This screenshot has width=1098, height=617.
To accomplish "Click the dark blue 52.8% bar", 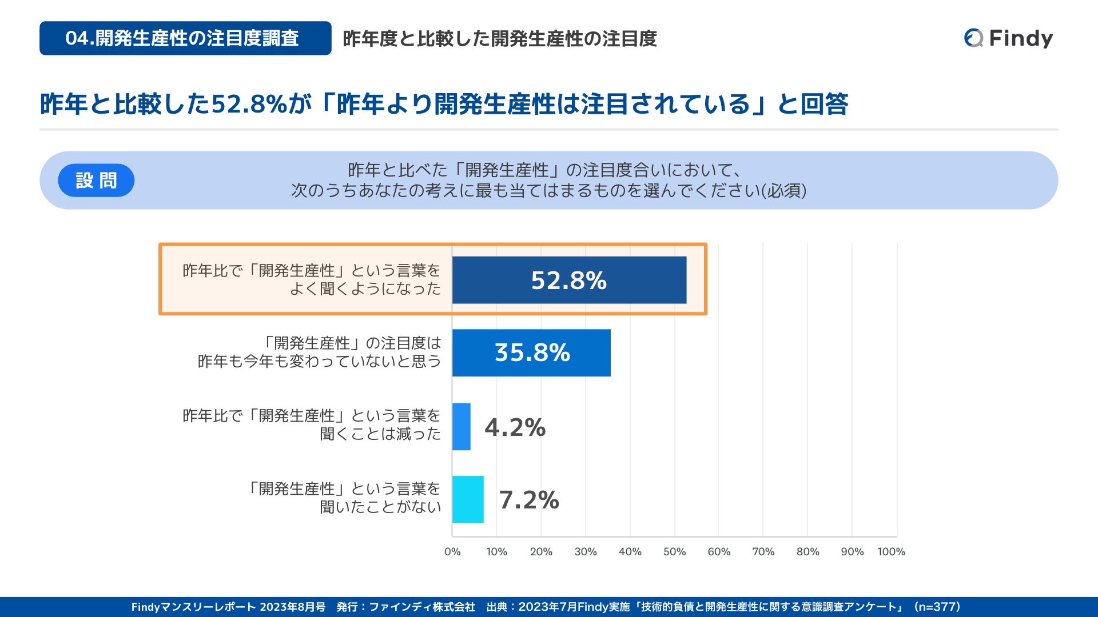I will click(569, 280).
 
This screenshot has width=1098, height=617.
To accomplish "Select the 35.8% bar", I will click(531, 352).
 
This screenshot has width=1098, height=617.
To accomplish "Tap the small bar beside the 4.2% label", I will click(461, 427).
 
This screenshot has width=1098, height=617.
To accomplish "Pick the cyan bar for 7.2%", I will click(468, 499).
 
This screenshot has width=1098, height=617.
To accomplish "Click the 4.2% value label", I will click(515, 427).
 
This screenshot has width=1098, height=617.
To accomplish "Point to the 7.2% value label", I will click(529, 500).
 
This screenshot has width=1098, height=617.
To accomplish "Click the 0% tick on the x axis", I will click(452, 552).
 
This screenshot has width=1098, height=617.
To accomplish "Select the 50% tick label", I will click(674, 552).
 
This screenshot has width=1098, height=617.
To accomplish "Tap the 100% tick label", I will click(891, 552).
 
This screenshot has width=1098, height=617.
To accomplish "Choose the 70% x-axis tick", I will click(763, 552).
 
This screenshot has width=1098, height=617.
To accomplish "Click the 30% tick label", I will click(585, 552).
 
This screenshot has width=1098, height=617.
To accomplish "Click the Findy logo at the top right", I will click(1008, 38).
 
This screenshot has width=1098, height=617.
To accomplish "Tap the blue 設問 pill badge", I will click(96, 181).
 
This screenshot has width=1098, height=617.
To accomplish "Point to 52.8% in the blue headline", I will click(249, 105).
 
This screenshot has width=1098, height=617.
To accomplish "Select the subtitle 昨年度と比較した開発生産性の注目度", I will click(499, 39).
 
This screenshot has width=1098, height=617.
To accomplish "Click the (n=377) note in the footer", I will click(938, 607).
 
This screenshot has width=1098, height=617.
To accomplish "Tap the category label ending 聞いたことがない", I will click(345, 498).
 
